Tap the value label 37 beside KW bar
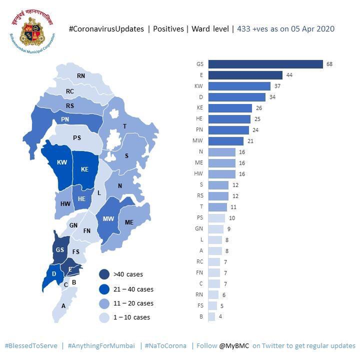[277, 86]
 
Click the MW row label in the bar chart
[199, 141]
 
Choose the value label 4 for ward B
[220, 317]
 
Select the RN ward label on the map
[81, 76]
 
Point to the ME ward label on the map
[129, 222]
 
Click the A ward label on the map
[64, 305]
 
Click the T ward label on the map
[124, 126]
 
